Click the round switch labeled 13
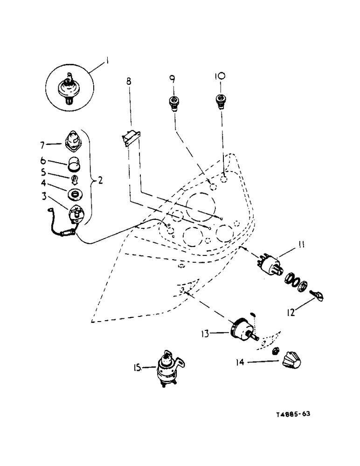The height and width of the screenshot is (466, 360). [243, 329]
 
